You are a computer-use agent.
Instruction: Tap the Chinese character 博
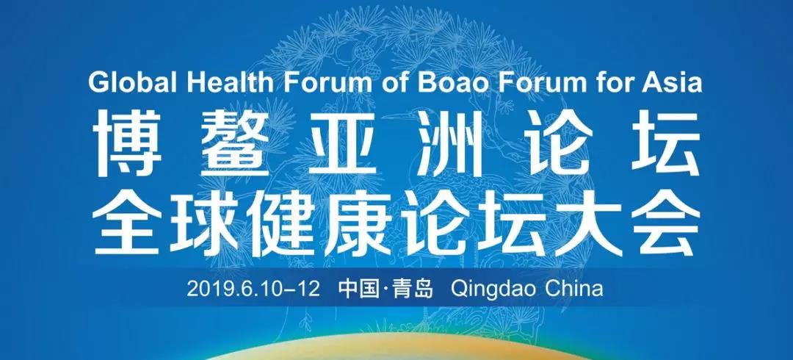pyautogui.click(x=127, y=143)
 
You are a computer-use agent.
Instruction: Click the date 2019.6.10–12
pyautogui.click(x=253, y=289)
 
